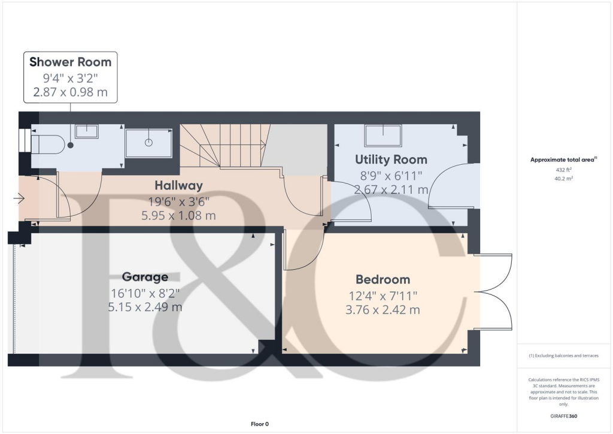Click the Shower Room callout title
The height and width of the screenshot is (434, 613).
70,62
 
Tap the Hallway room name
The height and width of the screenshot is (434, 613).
178,185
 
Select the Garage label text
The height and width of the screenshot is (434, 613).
145,277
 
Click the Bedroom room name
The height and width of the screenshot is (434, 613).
383,279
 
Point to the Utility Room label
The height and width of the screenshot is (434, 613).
391,159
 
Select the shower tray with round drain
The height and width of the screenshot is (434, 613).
148,143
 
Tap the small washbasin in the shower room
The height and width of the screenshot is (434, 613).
87,131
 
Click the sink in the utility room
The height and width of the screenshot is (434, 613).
383,135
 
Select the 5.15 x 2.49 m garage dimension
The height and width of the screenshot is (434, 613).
145,308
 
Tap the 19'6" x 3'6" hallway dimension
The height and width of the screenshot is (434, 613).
178,201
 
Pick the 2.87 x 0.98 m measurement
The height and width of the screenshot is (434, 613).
70,93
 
